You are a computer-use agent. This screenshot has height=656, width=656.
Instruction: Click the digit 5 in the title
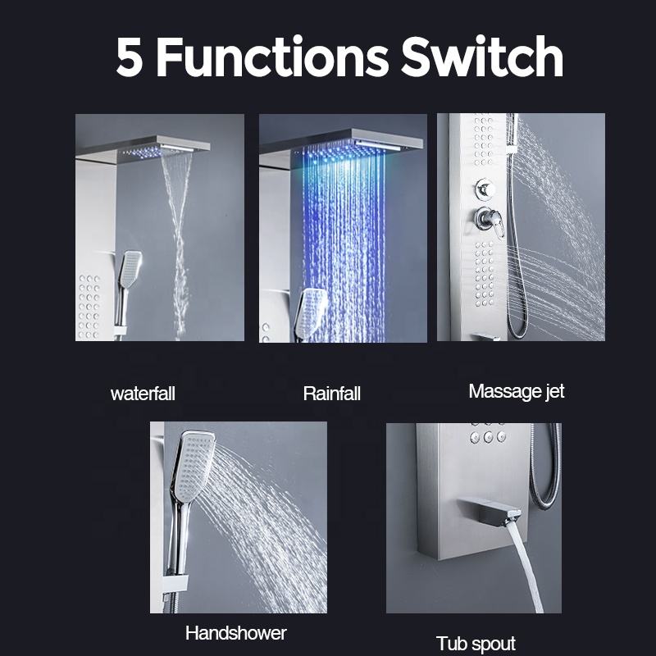pos(130,57)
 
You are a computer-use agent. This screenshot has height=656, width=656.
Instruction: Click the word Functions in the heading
pos(273,57)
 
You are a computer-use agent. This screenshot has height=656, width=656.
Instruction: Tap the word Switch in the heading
pos(482,57)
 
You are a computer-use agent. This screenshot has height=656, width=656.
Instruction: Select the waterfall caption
pos(143,394)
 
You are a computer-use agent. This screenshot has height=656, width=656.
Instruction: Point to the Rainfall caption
pos(332,394)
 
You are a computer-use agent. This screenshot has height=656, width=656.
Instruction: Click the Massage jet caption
pos(517,392)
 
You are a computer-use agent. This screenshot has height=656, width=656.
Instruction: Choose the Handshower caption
pos(236,633)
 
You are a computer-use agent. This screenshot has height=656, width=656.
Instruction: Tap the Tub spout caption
pos(476,644)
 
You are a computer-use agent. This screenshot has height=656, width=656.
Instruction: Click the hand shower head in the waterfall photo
pos(130,269)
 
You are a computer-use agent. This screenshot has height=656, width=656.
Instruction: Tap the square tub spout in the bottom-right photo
pos(490,511)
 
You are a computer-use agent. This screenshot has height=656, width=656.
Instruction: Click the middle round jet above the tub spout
pos(488,437)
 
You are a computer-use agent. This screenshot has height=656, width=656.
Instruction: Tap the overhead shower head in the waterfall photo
pos(143,148)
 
